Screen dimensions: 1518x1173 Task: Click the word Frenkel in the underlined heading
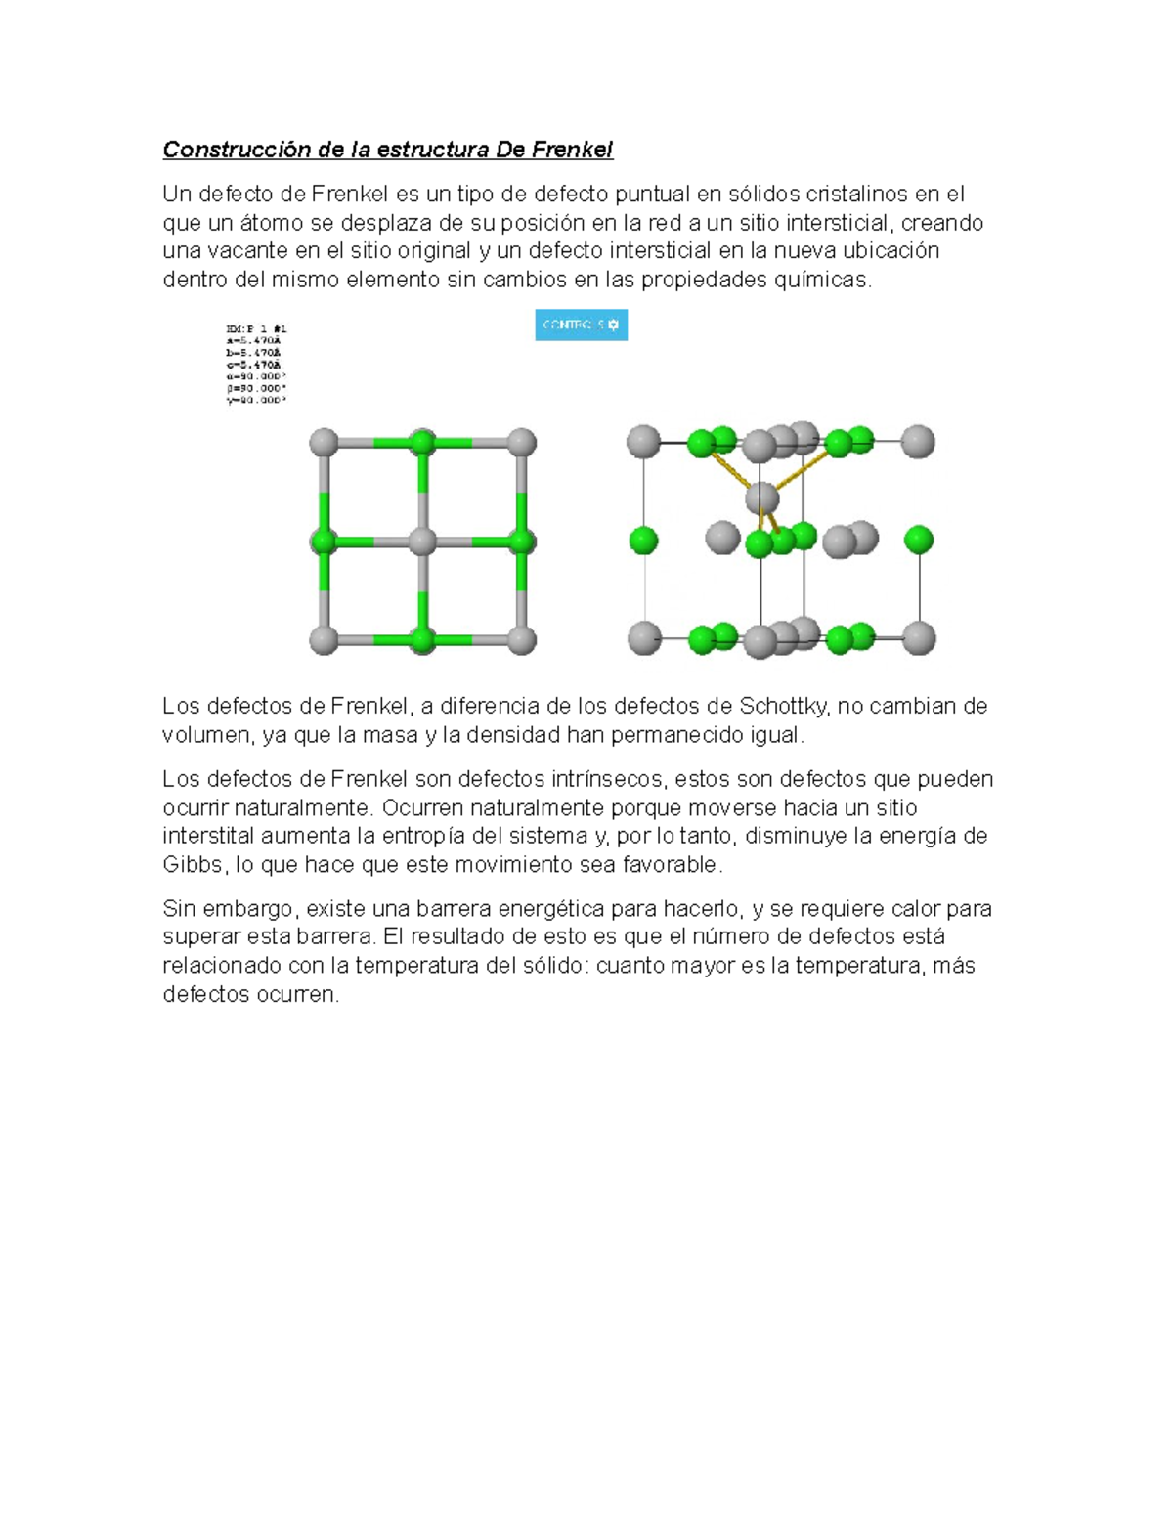pos(572,150)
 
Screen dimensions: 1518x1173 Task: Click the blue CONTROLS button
pos(581,325)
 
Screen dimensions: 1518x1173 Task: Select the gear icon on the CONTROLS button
pos(613,325)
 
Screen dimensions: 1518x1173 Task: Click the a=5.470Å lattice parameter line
pos(254,341)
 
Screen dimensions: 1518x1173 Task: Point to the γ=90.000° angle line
pos(256,400)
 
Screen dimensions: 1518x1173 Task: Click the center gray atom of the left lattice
pos(422,542)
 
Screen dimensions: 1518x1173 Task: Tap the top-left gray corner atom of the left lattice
pos(324,442)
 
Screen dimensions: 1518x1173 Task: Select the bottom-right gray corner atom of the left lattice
pos(522,641)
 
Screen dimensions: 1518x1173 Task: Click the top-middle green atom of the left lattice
pos(422,442)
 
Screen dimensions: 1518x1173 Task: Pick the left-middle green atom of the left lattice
pos(324,542)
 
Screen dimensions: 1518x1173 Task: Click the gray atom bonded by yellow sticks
pos(762,499)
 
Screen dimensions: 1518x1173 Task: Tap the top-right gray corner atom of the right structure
pos(917,442)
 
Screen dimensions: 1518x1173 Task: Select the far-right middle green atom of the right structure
pos(918,540)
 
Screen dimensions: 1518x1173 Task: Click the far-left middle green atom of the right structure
pos(643,540)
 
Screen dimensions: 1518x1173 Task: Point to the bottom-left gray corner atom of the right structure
pos(643,637)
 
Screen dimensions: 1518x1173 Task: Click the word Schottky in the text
pos(781,706)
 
